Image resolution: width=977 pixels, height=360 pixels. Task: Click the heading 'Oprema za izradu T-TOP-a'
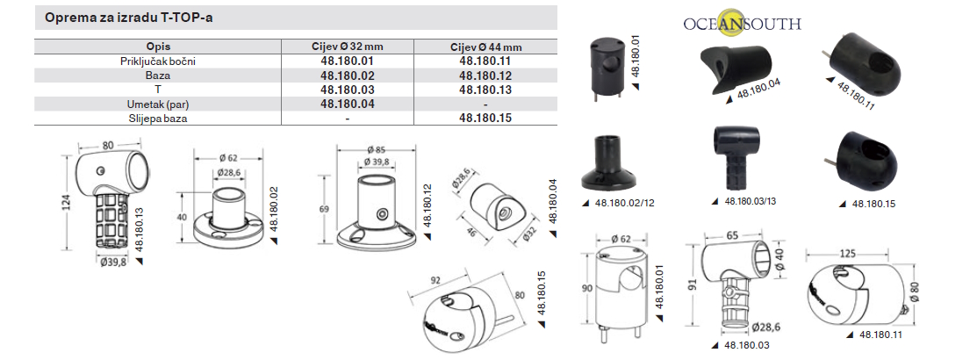[x=129, y=18]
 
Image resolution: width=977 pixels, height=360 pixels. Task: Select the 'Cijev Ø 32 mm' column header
[x=347, y=47]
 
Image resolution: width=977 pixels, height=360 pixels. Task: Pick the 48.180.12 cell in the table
[x=485, y=76]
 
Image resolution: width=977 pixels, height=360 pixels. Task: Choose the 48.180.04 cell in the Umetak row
[x=347, y=104]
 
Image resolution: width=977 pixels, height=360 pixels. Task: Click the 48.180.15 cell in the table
[x=485, y=118]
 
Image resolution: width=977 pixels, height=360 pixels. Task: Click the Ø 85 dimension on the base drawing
[x=376, y=149]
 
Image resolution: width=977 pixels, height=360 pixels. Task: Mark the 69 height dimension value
[x=323, y=209]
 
